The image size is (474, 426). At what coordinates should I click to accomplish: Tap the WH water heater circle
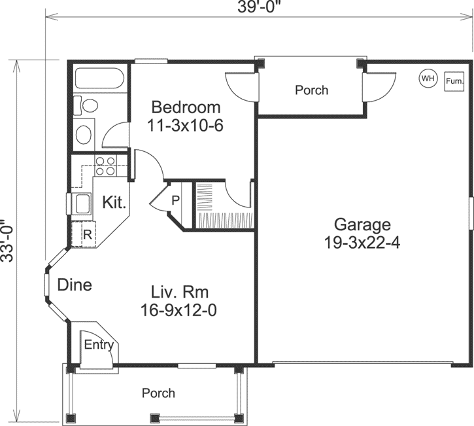428,79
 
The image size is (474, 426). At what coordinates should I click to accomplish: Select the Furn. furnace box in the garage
454,82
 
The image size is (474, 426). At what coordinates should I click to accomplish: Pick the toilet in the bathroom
86,105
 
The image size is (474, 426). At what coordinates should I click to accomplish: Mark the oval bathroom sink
84,134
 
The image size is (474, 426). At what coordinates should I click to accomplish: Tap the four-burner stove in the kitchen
104,166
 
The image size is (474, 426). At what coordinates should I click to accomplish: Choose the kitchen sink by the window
83,204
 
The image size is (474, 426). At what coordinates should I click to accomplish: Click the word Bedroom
186,107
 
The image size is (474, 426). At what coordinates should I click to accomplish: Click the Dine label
74,285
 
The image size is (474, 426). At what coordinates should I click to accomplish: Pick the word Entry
99,346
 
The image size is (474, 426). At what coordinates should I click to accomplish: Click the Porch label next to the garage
311,90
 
